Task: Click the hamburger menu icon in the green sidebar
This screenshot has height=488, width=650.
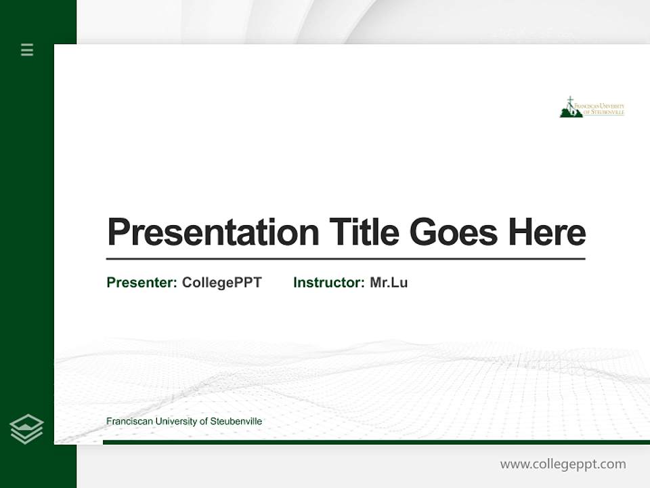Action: tap(27, 49)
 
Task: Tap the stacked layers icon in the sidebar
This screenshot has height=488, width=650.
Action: tap(26, 429)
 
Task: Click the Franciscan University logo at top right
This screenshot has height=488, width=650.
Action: tap(592, 108)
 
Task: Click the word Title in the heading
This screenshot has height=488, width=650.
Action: tap(364, 232)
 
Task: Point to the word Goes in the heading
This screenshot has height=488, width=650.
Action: tap(454, 232)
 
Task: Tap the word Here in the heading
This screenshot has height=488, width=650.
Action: tap(547, 232)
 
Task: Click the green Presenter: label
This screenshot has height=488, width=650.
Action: tap(142, 283)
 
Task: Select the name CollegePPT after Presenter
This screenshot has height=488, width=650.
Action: tap(221, 283)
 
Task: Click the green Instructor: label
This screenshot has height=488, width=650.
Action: tap(328, 283)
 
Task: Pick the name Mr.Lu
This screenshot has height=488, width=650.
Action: tap(389, 283)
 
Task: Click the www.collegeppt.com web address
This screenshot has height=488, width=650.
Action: tap(563, 464)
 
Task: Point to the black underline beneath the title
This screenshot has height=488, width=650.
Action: tap(345, 259)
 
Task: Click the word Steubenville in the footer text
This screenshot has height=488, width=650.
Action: tap(236, 422)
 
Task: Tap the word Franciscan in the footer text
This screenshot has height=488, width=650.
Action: tap(129, 422)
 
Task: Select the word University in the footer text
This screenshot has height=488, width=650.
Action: tap(177, 422)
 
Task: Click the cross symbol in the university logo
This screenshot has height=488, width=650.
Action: tap(570, 102)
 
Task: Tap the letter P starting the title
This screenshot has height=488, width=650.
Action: tap(118, 232)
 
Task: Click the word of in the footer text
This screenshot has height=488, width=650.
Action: tap(204, 422)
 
